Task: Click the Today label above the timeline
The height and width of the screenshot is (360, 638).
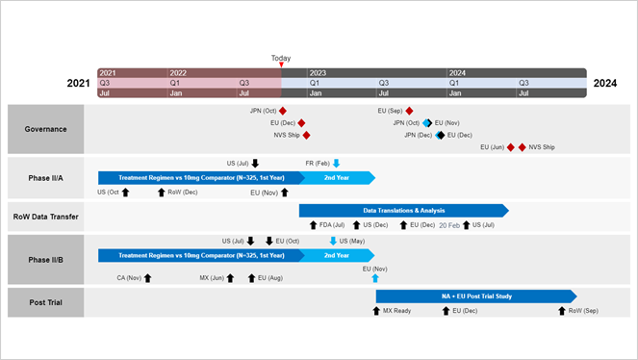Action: click(280, 58)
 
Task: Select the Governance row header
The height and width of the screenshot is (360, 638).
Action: click(45, 128)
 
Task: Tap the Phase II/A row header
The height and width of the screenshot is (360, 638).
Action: click(45, 177)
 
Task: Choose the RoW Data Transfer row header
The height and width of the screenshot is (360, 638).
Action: click(45, 217)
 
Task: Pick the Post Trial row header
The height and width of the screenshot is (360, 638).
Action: click(45, 302)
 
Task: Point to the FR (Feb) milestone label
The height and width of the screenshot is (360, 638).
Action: click(317, 164)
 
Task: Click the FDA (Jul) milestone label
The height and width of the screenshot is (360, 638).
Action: click(332, 225)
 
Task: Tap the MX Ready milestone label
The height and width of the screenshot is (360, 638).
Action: click(396, 311)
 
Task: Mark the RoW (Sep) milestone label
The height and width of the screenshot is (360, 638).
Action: click(583, 311)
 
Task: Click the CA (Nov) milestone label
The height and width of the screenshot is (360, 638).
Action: click(129, 277)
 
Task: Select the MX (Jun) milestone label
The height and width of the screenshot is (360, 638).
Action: click(212, 277)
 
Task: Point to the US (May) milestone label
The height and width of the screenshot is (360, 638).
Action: click(352, 241)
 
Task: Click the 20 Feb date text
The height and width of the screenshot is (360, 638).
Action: click(449, 225)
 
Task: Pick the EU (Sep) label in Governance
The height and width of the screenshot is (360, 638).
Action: click(390, 111)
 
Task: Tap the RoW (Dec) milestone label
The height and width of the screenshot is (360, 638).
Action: click(183, 193)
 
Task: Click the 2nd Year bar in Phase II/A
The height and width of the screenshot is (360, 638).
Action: click(337, 177)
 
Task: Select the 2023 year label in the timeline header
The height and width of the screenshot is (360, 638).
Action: click(318, 73)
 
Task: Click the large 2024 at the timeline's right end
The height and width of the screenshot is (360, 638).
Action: click(605, 83)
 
